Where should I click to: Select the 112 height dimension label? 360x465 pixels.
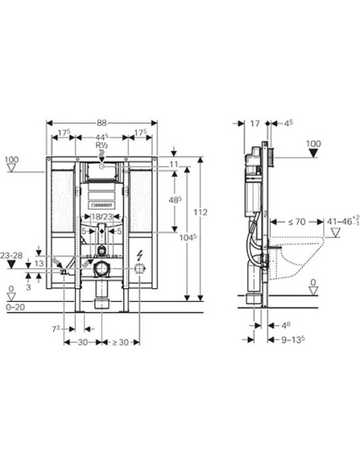click(x=201, y=213)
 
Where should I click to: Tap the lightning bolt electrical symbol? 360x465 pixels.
click(x=140, y=255)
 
